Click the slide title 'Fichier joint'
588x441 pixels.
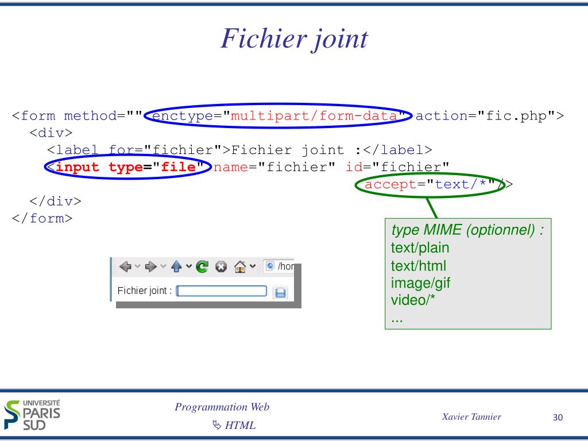tap(294, 39)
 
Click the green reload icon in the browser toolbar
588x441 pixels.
tap(202, 266)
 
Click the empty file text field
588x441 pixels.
tap(222, 291)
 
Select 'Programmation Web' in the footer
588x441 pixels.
tap(222, 407)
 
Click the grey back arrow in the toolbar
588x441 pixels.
tap(125, 266)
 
